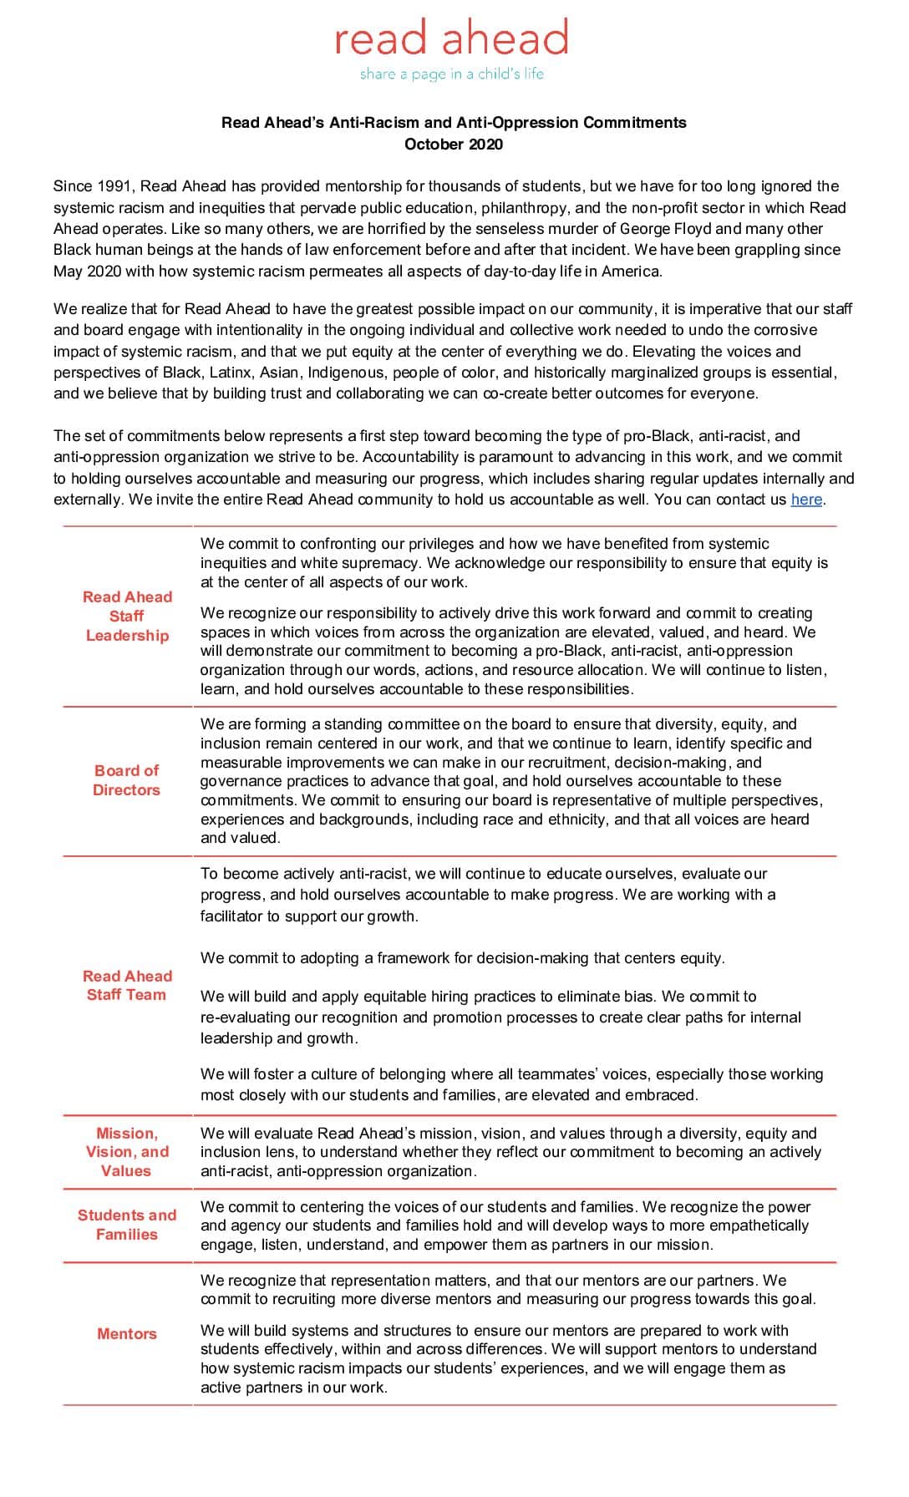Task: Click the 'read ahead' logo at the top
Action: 452,38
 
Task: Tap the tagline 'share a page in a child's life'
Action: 452,74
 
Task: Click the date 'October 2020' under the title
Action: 454,144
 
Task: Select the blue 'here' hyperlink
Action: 806,500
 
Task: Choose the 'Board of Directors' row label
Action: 126,780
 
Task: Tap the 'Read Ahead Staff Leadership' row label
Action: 127,616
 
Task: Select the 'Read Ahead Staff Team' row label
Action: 126,985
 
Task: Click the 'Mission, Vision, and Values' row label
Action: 127,1152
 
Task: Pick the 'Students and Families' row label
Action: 127,1225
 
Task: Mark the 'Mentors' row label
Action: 127,1334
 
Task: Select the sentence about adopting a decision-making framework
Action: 462,958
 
